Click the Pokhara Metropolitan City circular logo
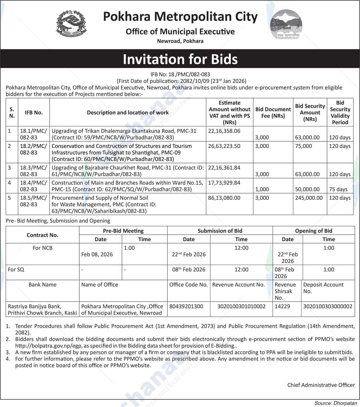(286, 24)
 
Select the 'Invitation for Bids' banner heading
(180, 59)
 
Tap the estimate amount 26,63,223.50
(224, 146)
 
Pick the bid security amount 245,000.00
(309, 198)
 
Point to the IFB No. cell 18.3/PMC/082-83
(34, 171)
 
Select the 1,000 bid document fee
(262, 189)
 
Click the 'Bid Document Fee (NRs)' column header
(273, 112)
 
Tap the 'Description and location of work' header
(128, 112)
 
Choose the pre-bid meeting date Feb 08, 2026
(97, 254)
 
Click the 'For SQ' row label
(16, 270)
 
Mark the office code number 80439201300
(186, 306)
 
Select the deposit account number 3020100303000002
(328, 306)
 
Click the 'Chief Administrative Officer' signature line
(321, 385)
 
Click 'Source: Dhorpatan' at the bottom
(336, 403)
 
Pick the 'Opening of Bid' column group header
(314, 231)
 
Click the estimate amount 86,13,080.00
(224, 198)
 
